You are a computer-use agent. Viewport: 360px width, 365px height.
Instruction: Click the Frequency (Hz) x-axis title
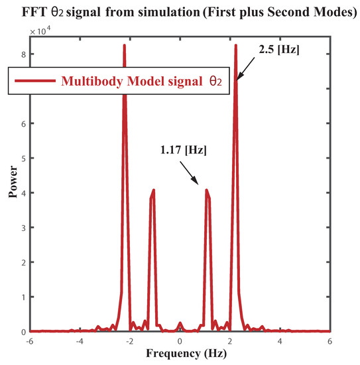coord(180,356)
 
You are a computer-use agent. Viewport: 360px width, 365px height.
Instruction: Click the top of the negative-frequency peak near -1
coord(154,190)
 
